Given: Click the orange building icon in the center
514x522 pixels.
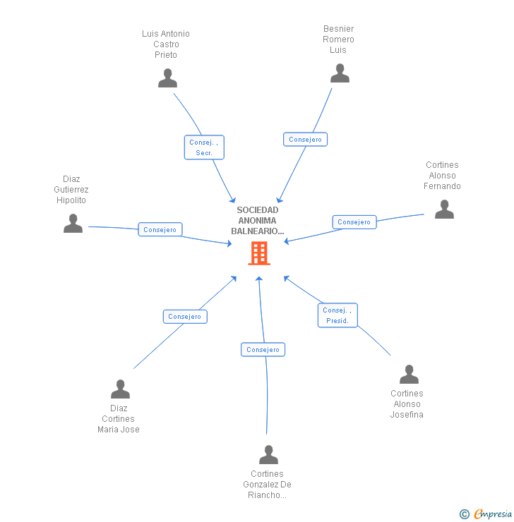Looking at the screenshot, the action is pos(259,253).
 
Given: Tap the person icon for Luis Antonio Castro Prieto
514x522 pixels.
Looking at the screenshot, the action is pos(167,78).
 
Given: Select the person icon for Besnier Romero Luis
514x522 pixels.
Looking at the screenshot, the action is pos(340,73).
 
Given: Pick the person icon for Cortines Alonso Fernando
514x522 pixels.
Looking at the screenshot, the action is pos(444,210).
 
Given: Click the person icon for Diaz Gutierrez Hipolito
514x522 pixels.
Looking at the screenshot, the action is pos(73,224).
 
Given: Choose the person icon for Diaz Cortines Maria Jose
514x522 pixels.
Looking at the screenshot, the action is pos(120,389).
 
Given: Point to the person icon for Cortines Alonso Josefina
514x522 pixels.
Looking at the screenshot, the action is pos(409,375).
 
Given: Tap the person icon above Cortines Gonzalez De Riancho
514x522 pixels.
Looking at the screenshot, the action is pos(268,455).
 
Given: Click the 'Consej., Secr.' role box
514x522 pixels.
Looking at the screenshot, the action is pos(204,147).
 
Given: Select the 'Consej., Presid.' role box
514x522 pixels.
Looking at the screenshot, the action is pos(337,315).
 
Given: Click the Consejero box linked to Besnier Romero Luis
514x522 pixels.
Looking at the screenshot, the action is pos(305,140).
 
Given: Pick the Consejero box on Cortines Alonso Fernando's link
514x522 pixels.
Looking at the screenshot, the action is pos(354,222).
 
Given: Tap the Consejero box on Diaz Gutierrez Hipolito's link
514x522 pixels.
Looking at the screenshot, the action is pos(160,230).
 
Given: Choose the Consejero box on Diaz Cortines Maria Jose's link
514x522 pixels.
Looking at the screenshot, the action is pos(185,317).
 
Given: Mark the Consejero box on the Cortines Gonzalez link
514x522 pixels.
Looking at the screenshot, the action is pos(263,350).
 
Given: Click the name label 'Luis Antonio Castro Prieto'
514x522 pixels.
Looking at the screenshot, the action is pos(166,44).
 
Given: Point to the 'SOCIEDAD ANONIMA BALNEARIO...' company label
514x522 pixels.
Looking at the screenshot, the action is pos(258,220).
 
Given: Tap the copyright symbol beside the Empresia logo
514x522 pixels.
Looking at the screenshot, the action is pos(465,514).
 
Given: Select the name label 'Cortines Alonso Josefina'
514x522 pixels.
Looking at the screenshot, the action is pos(407,404).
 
